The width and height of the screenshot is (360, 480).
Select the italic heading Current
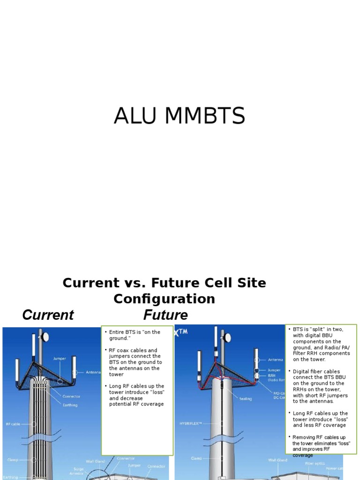(48, 315)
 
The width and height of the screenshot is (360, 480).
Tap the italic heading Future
(165, 315)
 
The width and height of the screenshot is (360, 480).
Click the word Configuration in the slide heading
(164, 299)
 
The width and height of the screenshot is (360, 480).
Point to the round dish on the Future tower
(227, 337)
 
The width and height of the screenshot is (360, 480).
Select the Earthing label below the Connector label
(70, 405)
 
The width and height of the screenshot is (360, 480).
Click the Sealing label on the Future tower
(245, 399)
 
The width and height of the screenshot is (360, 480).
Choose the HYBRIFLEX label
(190, 423)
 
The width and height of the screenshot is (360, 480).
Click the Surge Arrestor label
(78, 471)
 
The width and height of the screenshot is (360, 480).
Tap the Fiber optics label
(314, 463)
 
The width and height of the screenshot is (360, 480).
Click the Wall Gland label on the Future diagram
(277, 460)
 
